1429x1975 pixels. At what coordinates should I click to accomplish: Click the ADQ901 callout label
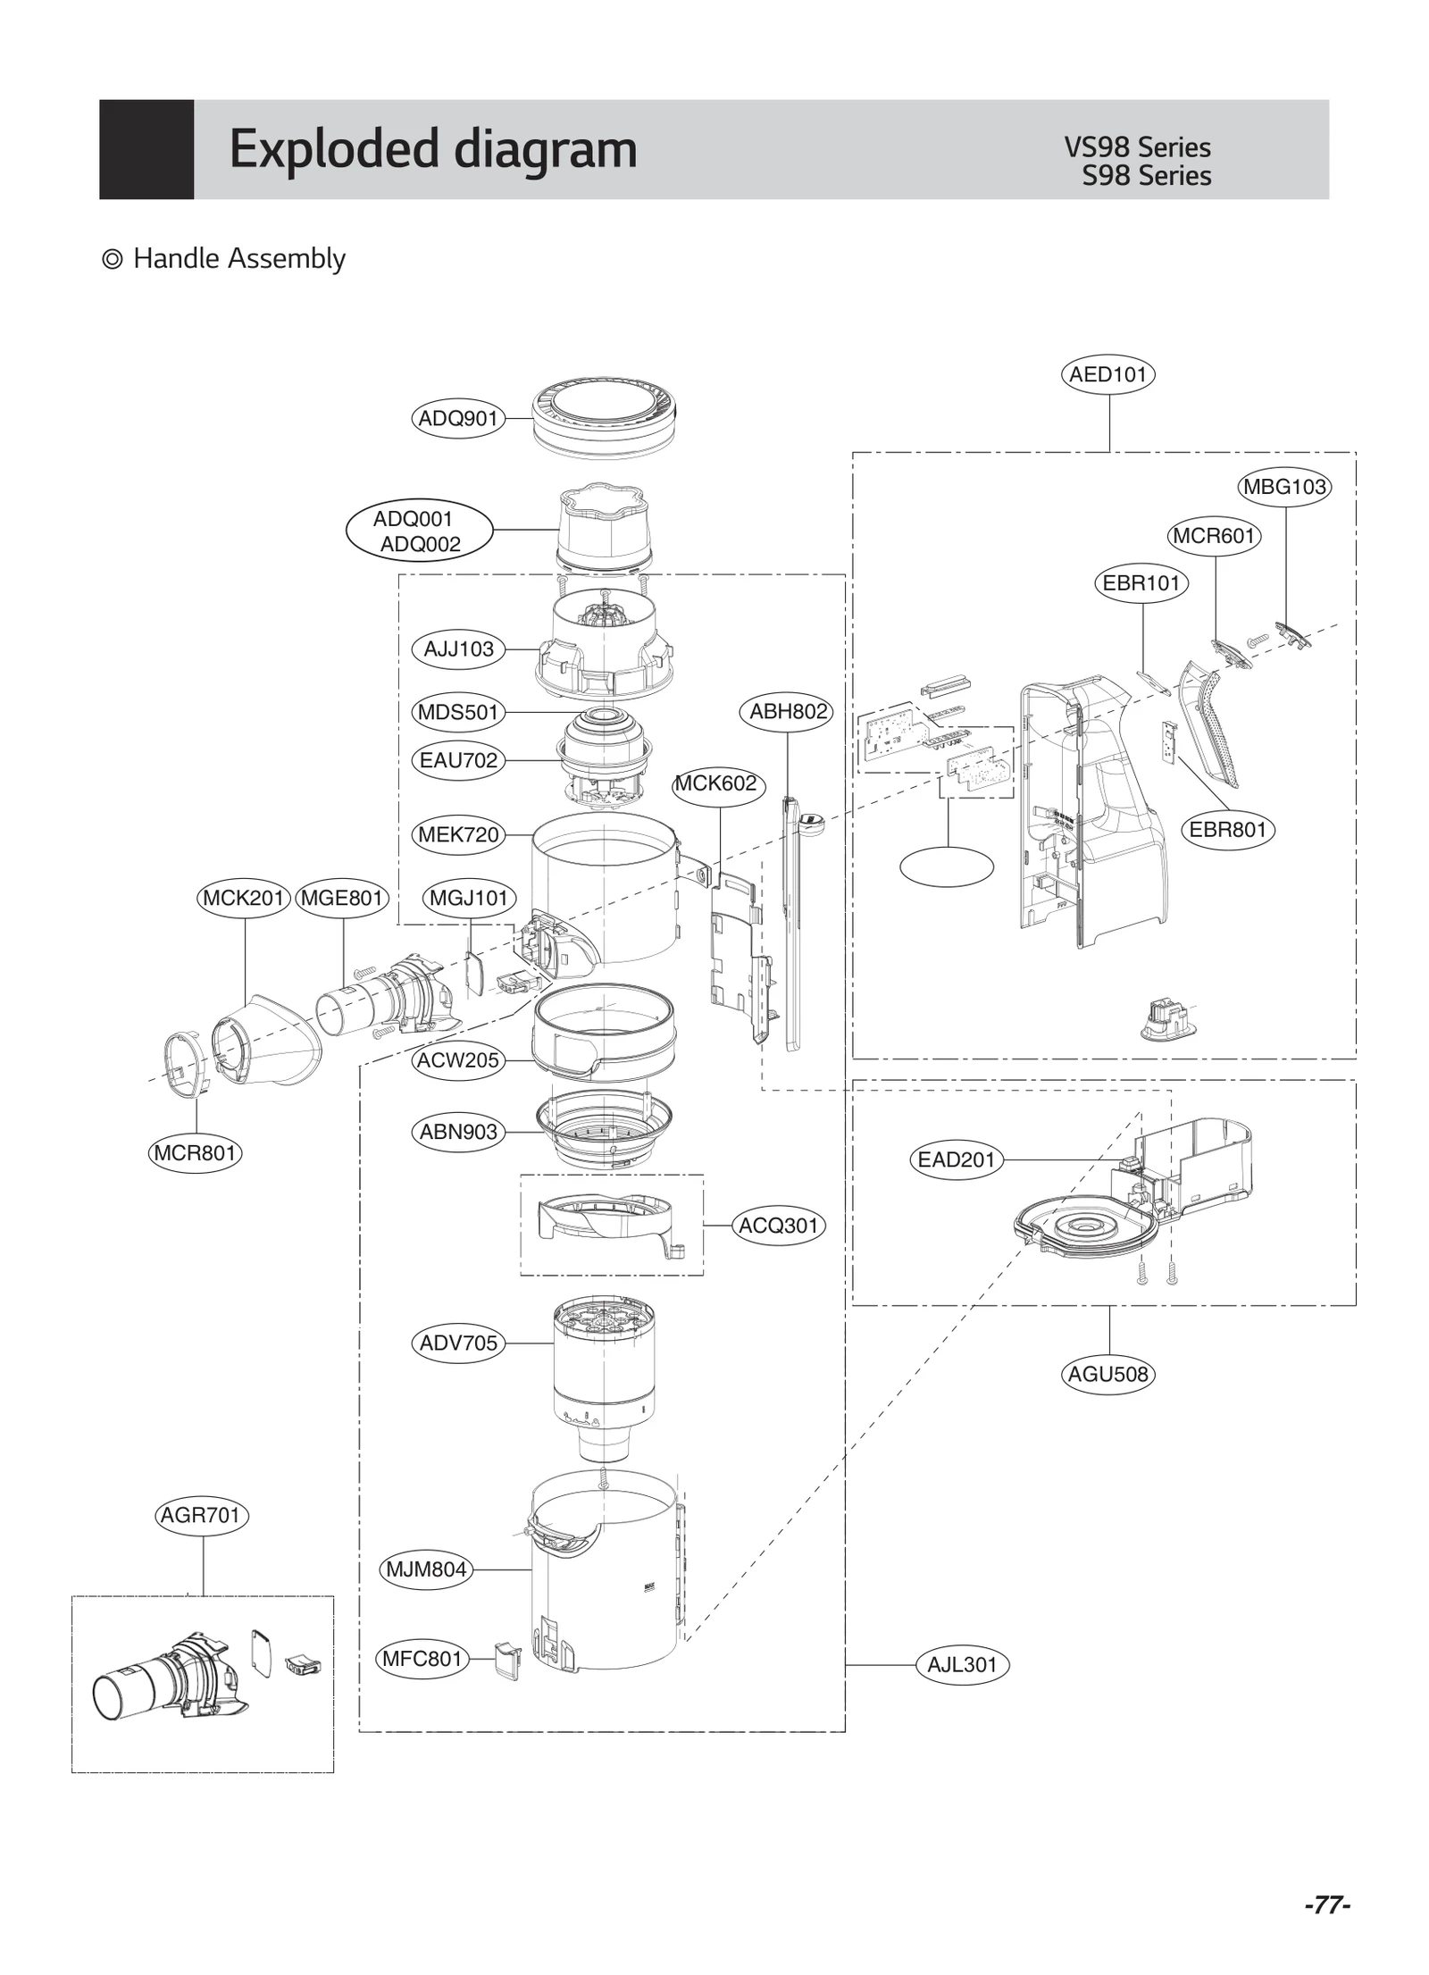pos(457,418)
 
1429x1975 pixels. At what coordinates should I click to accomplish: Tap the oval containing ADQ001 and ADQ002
pos(418,531)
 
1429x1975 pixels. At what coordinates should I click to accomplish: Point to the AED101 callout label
pos(1107,374)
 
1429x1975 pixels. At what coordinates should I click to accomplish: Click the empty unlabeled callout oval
pos(946,866)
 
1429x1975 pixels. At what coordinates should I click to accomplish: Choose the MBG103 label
pos(1284,487)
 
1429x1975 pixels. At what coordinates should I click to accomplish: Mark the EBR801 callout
pos(1227,830)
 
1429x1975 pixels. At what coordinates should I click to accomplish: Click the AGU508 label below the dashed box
pos(1108,1374)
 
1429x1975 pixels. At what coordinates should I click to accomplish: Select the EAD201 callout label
pos(956,1159)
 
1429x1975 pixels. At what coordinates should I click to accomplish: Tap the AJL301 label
pos(962,1665)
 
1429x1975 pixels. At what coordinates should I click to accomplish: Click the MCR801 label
pos(195,1152)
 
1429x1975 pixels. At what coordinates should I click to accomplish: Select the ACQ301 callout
pos(778,1226)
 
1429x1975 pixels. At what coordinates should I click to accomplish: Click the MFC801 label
pos(422,1659)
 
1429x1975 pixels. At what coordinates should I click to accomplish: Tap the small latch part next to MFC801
pos(507,1660)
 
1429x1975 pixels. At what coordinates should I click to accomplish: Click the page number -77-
pos(1326,1905)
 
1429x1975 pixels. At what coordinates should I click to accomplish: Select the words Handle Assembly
pos(238,259)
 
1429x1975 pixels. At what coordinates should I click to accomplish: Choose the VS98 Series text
pos(1136,147)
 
